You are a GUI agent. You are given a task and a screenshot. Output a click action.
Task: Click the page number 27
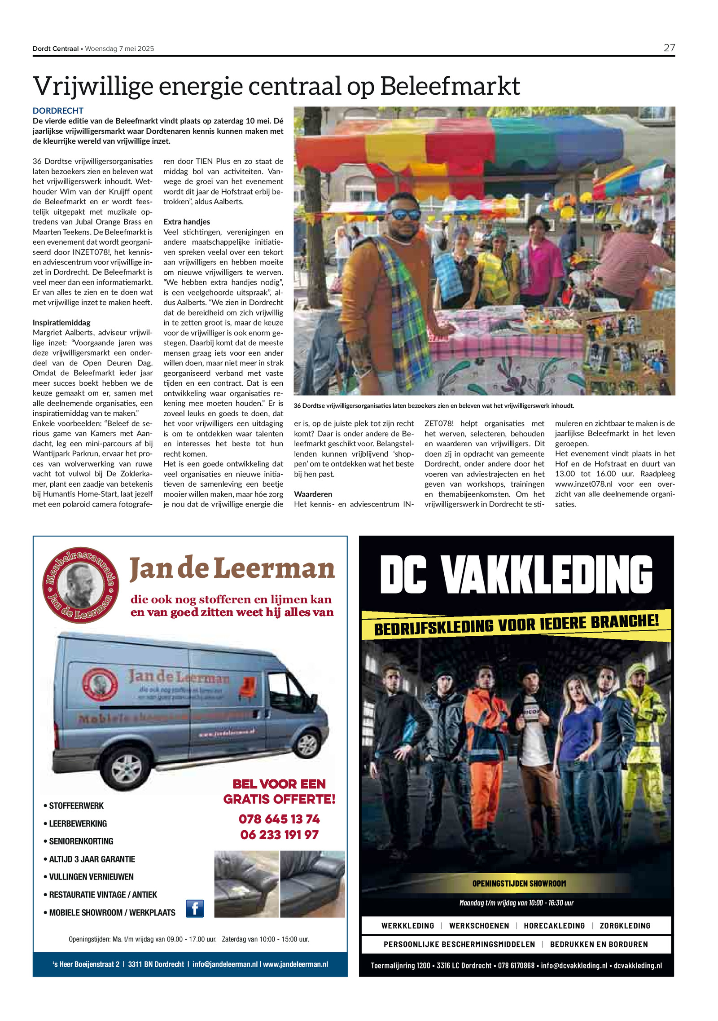(669, 48)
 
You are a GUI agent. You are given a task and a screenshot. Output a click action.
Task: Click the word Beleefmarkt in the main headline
(450, 86)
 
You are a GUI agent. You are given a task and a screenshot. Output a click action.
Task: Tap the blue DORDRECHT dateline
(58, 110)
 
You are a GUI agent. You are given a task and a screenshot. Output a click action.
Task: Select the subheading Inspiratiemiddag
(61, 322)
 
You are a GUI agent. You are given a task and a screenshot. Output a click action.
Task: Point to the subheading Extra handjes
(187, 222)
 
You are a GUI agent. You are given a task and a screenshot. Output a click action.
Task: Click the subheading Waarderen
(313, 494)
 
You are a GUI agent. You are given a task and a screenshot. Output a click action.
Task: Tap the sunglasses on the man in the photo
(405, 215)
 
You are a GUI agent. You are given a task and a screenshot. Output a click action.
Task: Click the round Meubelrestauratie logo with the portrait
(81, 585)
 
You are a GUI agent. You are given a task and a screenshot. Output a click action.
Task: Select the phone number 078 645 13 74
(279, 819)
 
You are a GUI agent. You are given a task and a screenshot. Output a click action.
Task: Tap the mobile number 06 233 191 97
(279, 835)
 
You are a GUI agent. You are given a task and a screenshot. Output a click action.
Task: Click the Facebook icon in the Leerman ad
(195, 908)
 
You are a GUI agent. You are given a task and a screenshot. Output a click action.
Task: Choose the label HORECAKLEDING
(554, 925)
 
